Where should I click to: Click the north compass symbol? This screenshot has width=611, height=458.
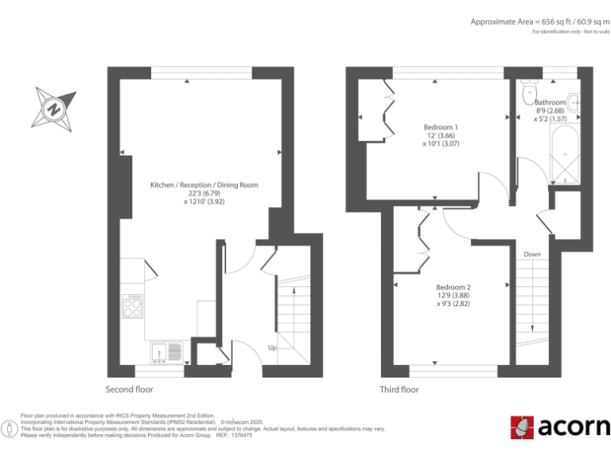pos(53,109)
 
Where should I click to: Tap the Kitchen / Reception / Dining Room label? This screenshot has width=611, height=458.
pos(204,185)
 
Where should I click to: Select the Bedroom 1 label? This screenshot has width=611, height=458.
pos(440,127)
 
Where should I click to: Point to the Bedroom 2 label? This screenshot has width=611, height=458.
pos(453,287)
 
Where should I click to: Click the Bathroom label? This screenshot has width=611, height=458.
pos(550,103)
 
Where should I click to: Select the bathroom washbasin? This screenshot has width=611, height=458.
pos(574,103)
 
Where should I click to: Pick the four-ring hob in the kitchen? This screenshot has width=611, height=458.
pos(131,306)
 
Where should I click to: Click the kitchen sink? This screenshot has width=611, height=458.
pos(165,351)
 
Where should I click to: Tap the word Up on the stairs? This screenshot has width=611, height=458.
pos(272,347)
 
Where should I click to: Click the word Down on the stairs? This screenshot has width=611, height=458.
pos(532,254)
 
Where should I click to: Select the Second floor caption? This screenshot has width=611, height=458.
pos(130,390)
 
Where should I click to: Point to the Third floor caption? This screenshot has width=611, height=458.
pos(399,390)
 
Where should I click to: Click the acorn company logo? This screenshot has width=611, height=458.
pos(559,427)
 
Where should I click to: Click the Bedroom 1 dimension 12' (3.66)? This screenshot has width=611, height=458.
pos(440,136)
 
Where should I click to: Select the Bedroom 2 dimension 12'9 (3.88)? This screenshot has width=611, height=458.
pos(453,296)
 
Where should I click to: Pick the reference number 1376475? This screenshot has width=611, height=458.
pos(239,435)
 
